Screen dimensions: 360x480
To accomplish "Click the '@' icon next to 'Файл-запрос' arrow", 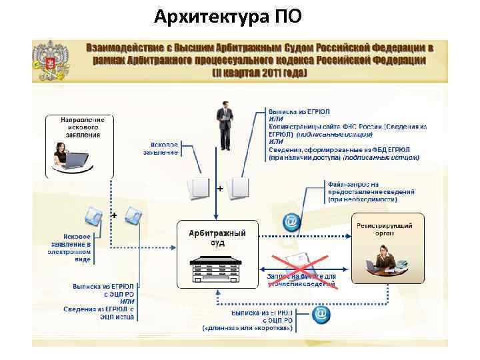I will tap(291, 221).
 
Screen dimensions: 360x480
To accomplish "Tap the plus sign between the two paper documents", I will tap(220, 189).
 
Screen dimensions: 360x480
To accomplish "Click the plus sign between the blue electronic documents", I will tap(114, 216).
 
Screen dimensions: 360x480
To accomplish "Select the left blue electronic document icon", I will tap(94, 215).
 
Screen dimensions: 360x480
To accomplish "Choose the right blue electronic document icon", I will tap(133, 215).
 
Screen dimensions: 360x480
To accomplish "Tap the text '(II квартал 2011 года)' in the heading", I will tap(259, 71).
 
